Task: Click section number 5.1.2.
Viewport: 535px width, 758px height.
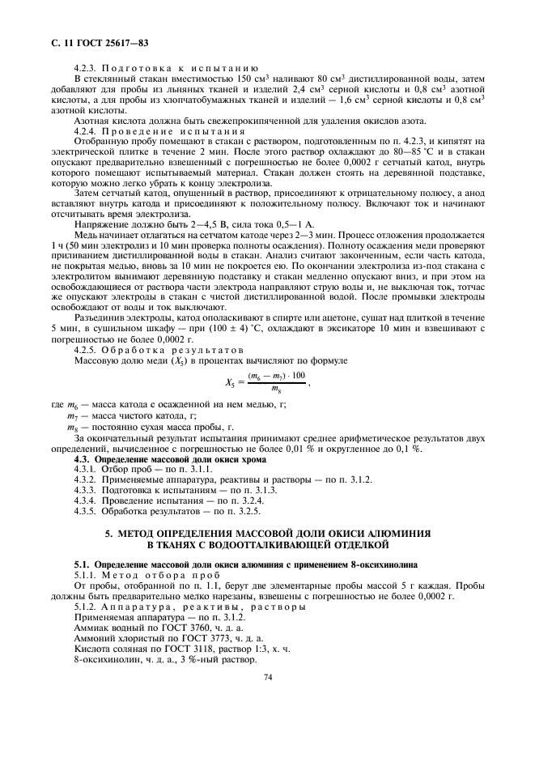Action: [84, 607]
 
